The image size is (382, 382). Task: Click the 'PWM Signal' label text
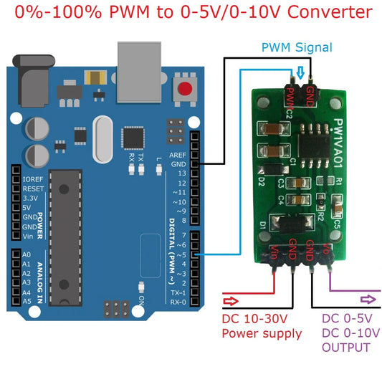(297, 47)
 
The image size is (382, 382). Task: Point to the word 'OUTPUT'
(346, 348)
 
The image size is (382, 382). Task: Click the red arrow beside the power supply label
(234, 301)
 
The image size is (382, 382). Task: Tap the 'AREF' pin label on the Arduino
(177, 156)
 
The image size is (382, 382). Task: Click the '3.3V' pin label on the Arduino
(32, 198)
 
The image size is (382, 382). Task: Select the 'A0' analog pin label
(27, 254)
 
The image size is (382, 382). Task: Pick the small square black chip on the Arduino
(133, 137)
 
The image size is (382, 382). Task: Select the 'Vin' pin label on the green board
(274, 252)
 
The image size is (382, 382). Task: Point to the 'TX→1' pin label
(177, 292)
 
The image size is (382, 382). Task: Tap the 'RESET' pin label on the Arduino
(34, 188)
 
